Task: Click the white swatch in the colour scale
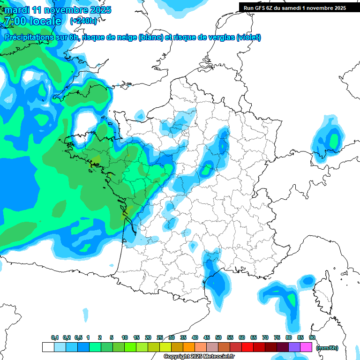point(48,347)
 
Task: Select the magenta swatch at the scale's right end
point(306,347)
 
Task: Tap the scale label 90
point(312,337)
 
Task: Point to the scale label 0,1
point(55,337)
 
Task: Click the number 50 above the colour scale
point(218,337)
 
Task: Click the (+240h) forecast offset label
point(83,21)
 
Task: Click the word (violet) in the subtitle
point(249,37)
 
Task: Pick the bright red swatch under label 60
point(247,347)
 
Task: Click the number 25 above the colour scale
point(160,337)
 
